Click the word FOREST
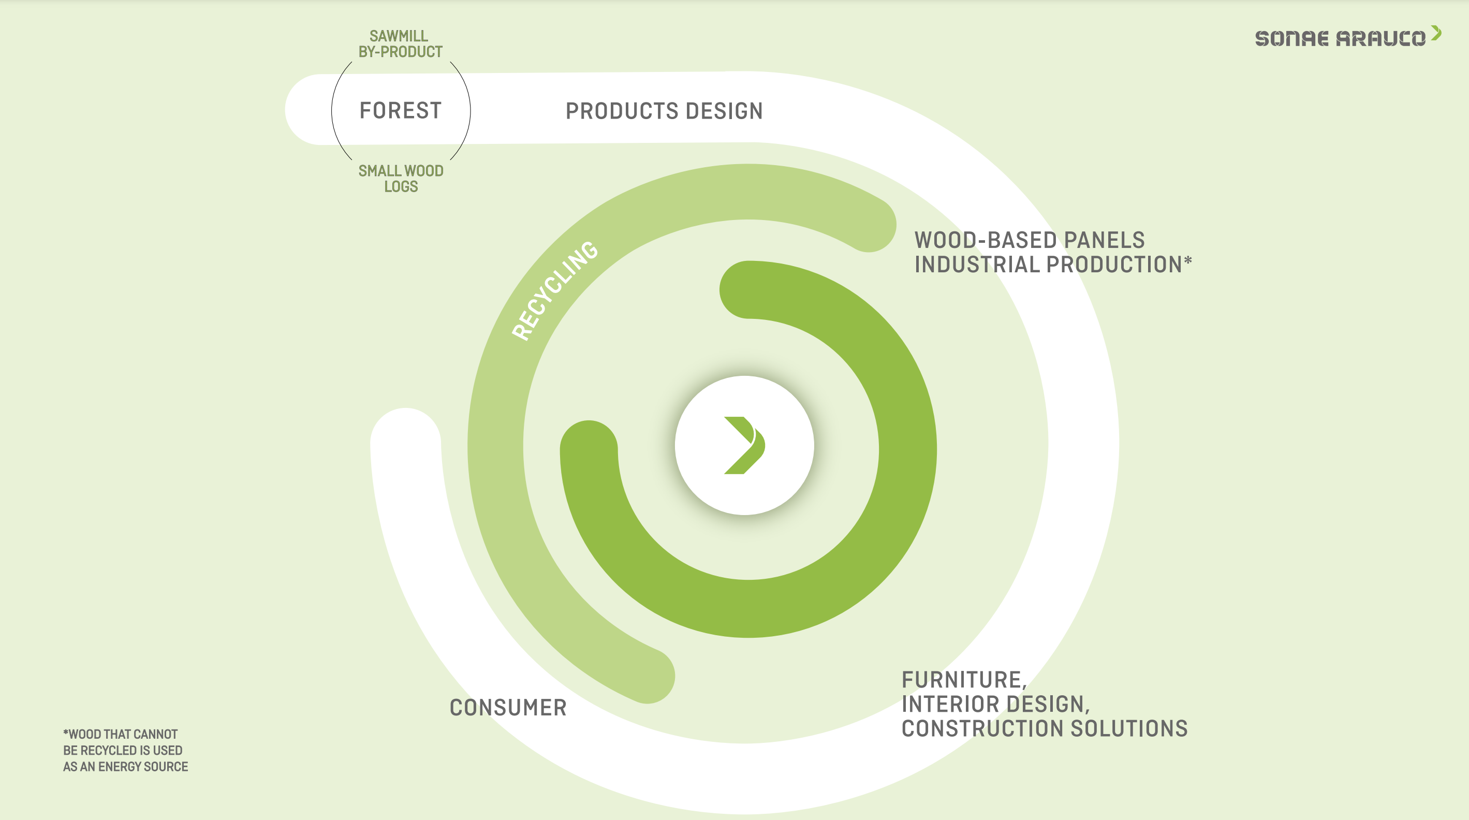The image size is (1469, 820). (x=400, y=110)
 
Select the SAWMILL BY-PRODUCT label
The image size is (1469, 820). (x=400, y=44)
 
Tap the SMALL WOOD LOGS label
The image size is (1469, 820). (x=401, y=179)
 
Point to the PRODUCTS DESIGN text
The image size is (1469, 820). (x=664, y=111)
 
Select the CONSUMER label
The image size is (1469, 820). (x=508, y=708)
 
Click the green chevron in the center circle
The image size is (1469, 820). (x=744, y=445)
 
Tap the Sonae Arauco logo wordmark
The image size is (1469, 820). (x=1340, y=38)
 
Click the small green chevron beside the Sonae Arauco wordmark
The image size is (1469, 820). (x=1436, y=33)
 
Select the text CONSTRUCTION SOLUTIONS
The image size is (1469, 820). (x=1045, y=729)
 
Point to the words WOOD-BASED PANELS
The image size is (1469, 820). (x=1030, y=240)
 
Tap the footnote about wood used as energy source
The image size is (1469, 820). (x=125, y=751)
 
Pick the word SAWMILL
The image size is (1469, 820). (x=399, y=36)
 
